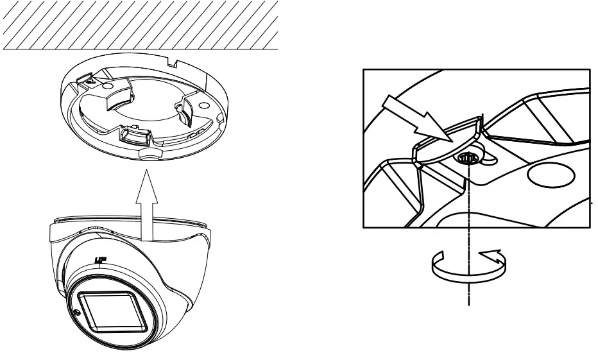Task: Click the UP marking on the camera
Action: click(99, 261)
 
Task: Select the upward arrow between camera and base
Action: click(148, 204)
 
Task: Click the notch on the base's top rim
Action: click(174, 64)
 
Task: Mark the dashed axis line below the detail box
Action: click(470, 282)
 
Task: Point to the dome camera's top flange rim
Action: click(128, 221)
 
